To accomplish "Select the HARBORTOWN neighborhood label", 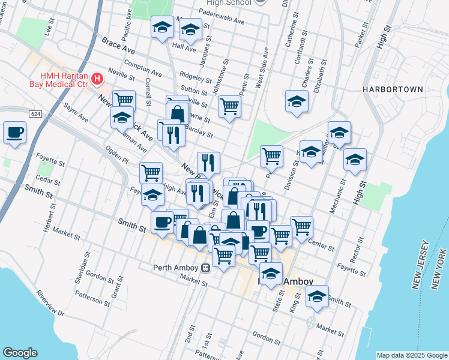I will [393, 89].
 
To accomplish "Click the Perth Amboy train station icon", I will [205, 268].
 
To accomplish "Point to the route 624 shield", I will [35, 113].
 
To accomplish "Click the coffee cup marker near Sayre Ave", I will [14, 132].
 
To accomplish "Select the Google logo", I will [20, 353].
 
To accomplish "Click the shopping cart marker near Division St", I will [272, 156].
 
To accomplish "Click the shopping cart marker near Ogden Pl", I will [151, 173].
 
